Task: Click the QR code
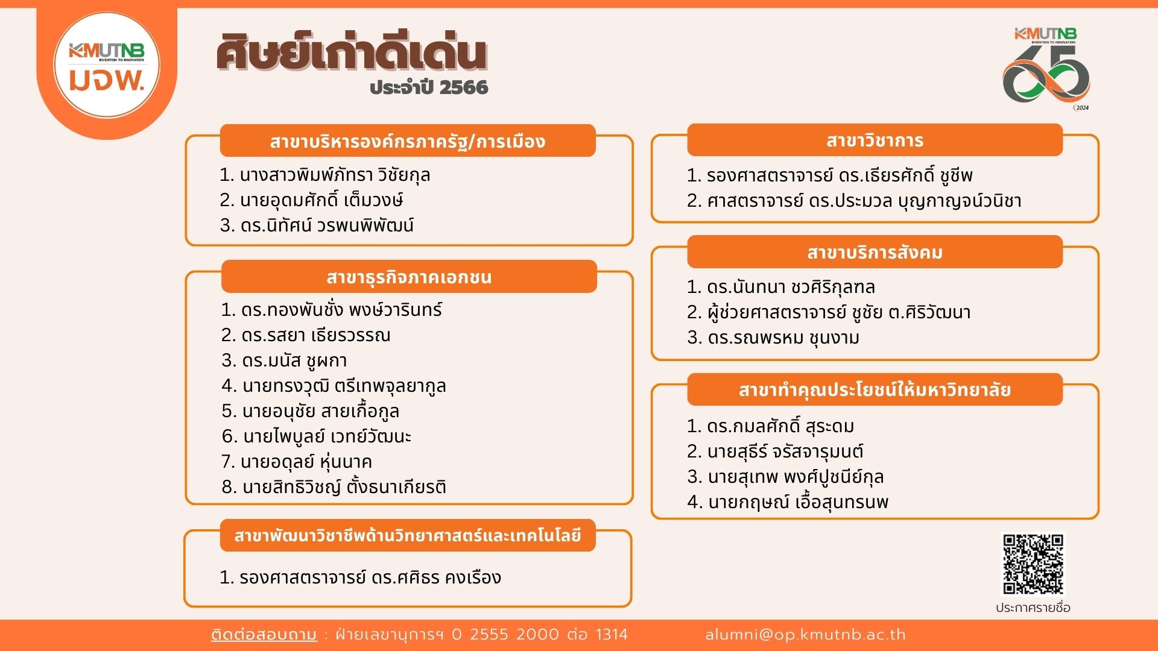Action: (x=1033, y=564)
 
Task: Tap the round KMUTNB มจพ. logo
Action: (x=107, y=65)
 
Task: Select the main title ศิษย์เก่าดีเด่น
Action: (x=351, y=52)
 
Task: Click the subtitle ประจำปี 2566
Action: (x=429, y=87)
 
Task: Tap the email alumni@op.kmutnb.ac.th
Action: (x=805, y=635)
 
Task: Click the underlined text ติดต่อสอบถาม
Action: (x=264, y=635)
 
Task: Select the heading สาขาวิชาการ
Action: (x=875, y=140)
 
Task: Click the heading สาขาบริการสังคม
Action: (x=875, y=252)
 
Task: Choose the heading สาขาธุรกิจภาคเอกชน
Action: (x=409, y=277)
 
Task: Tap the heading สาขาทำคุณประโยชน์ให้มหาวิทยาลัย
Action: (x=875, y=390)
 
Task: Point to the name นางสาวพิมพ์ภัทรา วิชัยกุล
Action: (x=335, y=175)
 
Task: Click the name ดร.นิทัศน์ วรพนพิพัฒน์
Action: (x=327, y=225)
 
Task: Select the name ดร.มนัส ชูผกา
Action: (x=294, y=360)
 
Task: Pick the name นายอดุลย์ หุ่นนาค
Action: (x=306, y=462)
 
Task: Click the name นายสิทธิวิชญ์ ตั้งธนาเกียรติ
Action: (x=344, y=486)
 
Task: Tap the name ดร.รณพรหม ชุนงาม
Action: (x=783, y=338)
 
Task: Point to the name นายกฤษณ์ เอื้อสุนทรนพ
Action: (x=798, y=502)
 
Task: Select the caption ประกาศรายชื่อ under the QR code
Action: (x=1033, y=608)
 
